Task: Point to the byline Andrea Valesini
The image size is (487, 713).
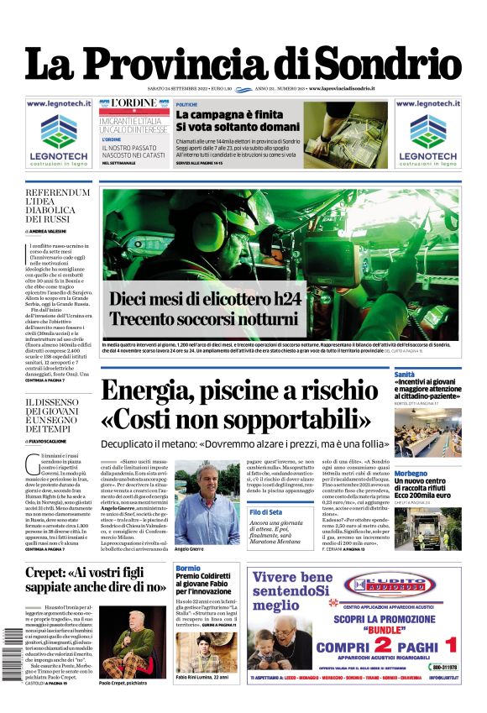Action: tap(51, 230)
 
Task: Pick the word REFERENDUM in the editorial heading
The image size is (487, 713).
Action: tap(57, 193)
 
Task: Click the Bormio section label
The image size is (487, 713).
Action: tap(188, 569)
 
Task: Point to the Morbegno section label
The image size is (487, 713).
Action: tap(411, 474)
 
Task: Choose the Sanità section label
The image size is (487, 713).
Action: tap(405, 374)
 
